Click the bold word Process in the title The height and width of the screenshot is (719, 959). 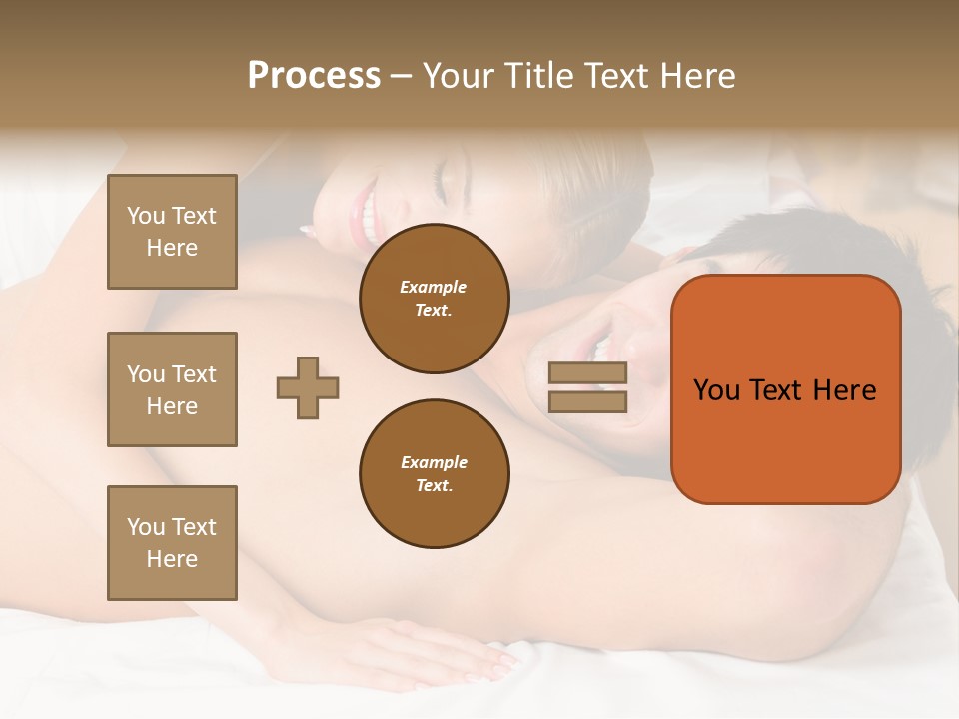[x=314, y=76]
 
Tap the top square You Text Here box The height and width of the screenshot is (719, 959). [x=172, y=232]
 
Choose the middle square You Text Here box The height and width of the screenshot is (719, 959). [x=172, y=389]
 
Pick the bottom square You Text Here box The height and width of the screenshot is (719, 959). [x=172, y=543]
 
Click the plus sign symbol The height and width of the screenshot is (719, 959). [x=308, y=387]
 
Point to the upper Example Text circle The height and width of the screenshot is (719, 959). [x=434, y=299]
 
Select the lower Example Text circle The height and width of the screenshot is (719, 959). [x=434, y=474]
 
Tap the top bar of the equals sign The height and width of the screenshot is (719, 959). [x=587, y=373]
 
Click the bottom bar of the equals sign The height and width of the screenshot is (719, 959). [x=587, y=401]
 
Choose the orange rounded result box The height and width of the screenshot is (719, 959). [x=785, y=389]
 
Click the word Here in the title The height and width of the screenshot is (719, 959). [x=697, y=76]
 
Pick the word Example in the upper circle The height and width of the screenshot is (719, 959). [x=434, y=287]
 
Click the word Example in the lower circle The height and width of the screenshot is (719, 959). [x=434, y=462]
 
